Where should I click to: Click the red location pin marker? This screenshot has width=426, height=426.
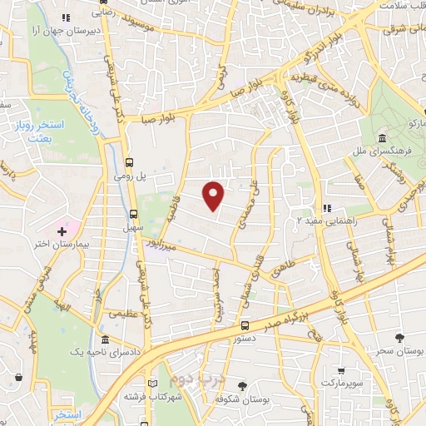[x=215, y=196]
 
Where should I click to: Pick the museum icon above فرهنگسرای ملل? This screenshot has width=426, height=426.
[x=381, y=137]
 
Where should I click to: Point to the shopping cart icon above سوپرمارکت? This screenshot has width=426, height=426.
[x=342, y=370]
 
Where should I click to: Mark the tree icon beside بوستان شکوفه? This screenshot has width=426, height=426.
[x=242, y=385]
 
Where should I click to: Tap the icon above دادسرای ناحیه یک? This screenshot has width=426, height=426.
[x=105, y=341]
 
